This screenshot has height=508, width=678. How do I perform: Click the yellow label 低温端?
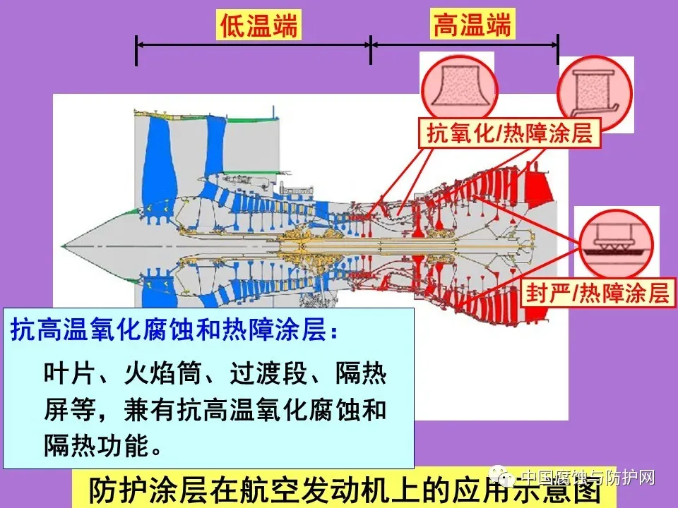[x=259, y=27]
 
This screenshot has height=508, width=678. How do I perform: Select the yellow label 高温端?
[x=472, y=27]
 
